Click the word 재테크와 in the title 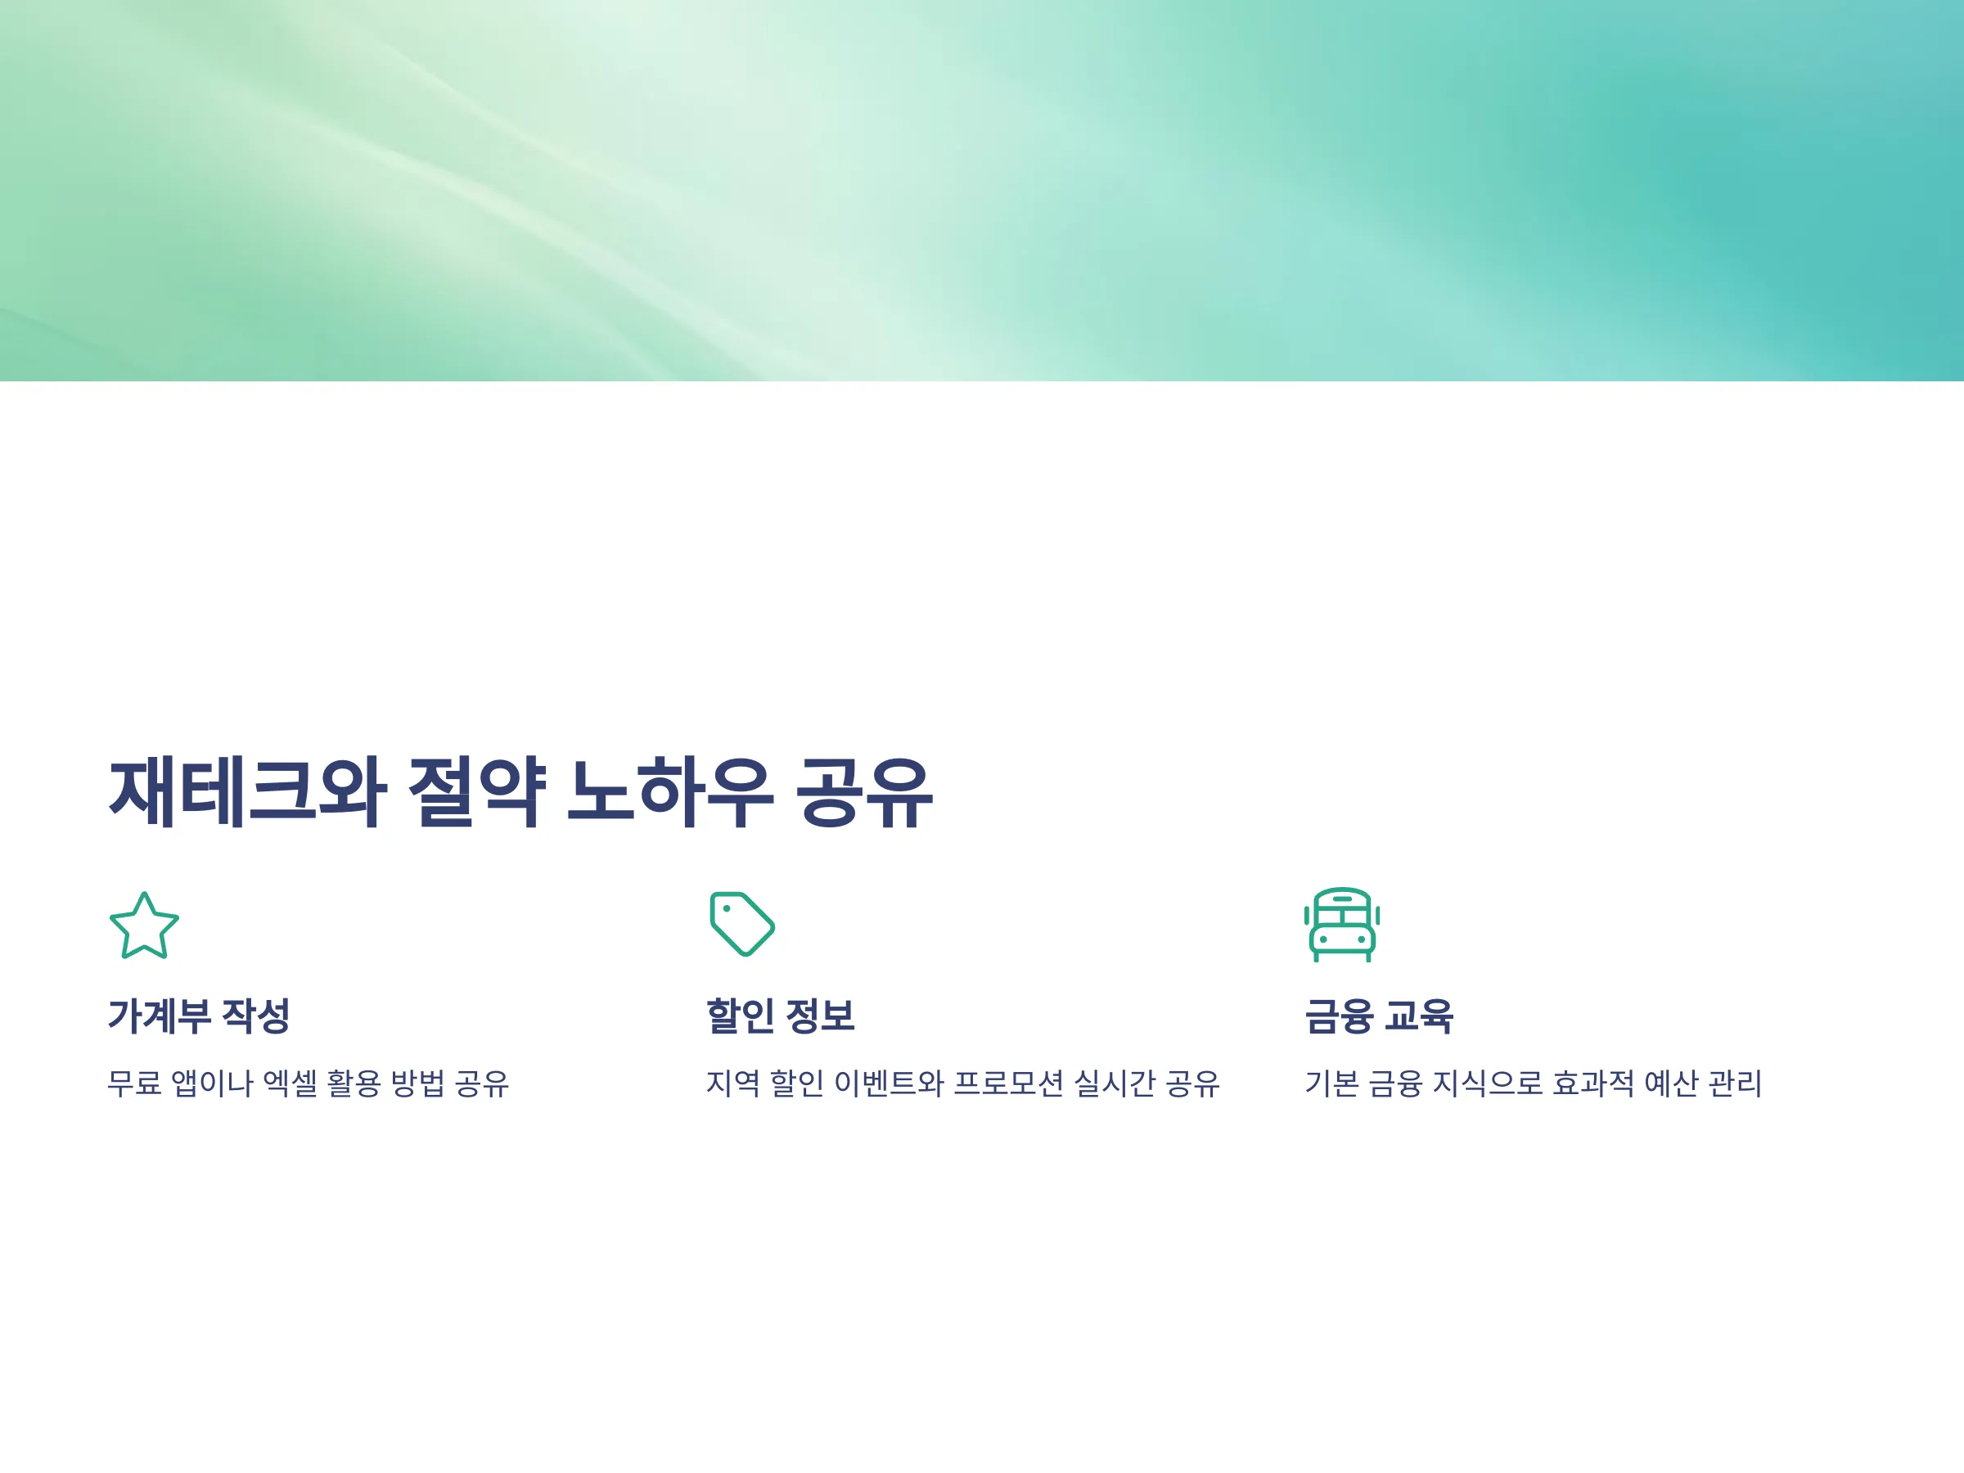pos(248,793)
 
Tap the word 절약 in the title pos(477,793)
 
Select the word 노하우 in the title pos(670,793)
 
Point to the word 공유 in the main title pos(864,793)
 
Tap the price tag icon pos(742,924)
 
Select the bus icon pos(1341,924)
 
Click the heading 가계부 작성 pos(199,1016)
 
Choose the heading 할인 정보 pos(781,1016)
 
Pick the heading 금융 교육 pos(1379,1016)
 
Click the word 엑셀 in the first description pos(291,1083)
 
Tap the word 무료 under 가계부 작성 pos(135,1083)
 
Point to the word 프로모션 pos(1009,1083)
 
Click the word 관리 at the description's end pos(1736,1083)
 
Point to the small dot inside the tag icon pos(727,908)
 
